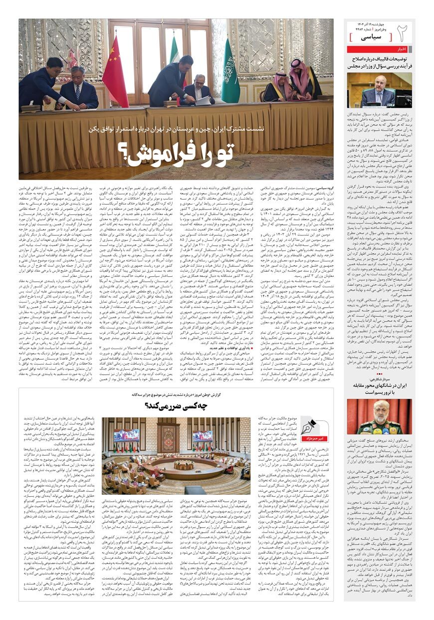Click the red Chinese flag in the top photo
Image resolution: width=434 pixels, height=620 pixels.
tap(115, 70)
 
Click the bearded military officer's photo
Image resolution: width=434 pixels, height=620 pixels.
tap(380, 417)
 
